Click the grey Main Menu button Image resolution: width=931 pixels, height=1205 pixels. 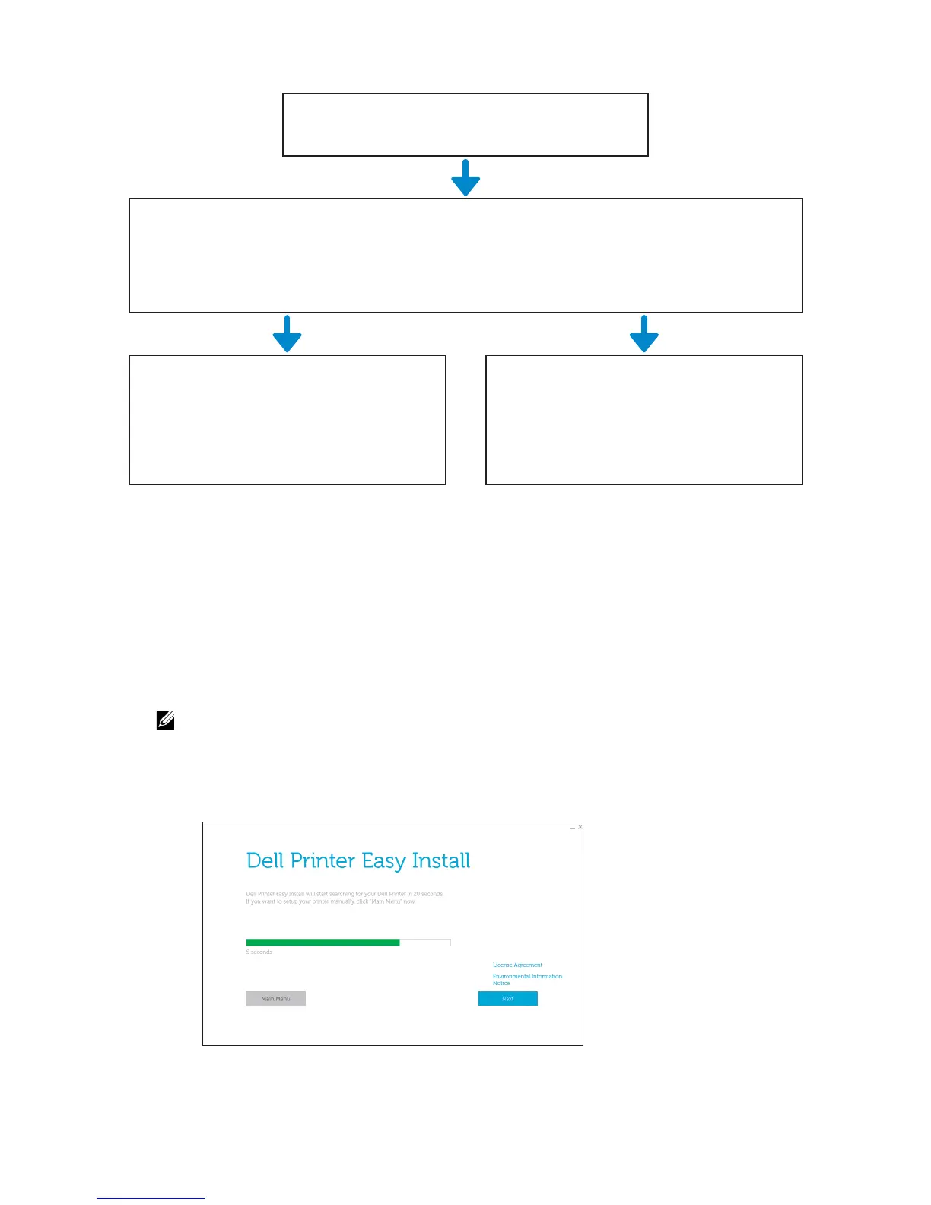pyautogui.click(x=275, y=998)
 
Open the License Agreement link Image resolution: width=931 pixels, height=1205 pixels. pyautogui.click(x=517, y=965)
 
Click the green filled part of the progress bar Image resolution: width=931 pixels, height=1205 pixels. pyautogui.click(x=323, y=943)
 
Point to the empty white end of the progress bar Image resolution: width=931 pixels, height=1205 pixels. pyautogui.click(x=425, y=943)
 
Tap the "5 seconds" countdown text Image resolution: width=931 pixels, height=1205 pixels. pyautogui.click(x=259, y=952)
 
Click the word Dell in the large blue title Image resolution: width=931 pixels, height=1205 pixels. pyautogui.click(x=265, y=860)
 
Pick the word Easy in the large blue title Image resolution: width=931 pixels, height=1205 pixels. pyautogui.click(x=383, y=860)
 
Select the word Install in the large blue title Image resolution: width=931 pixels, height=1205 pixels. pyautogui.click(x=440, y=860)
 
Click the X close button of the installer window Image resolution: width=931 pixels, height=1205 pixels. pyautogui.click(x=580, y=827)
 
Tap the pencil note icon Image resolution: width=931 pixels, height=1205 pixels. pyautogui.click(x=165, y=720)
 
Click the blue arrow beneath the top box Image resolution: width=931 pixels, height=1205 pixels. pyautogui.click(x=465, y=178)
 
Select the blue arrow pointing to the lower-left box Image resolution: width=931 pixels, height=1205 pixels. pyautogui.click(x=287, y=334)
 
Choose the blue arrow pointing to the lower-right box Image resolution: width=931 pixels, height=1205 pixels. pyautogui.click(x=644, y=334)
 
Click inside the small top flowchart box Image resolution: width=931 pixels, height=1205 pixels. pyautogui.click(x=465, y=125)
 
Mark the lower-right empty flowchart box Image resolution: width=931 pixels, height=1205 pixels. pyautogui.click(x=644, y=419)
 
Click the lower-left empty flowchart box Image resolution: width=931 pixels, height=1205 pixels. pyautogui.click(x=287, y=419)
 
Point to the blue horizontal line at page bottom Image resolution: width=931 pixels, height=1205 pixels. pyautogui.click(x=151, y=1198)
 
